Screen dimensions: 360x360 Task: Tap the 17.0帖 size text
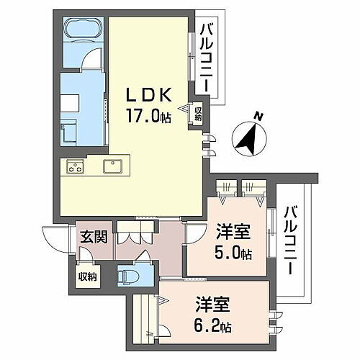coord(149,117)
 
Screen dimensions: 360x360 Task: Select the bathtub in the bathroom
coord(84,30)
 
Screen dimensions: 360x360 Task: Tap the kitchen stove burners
coord(76,167)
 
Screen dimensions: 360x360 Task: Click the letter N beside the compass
coord(258,115)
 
